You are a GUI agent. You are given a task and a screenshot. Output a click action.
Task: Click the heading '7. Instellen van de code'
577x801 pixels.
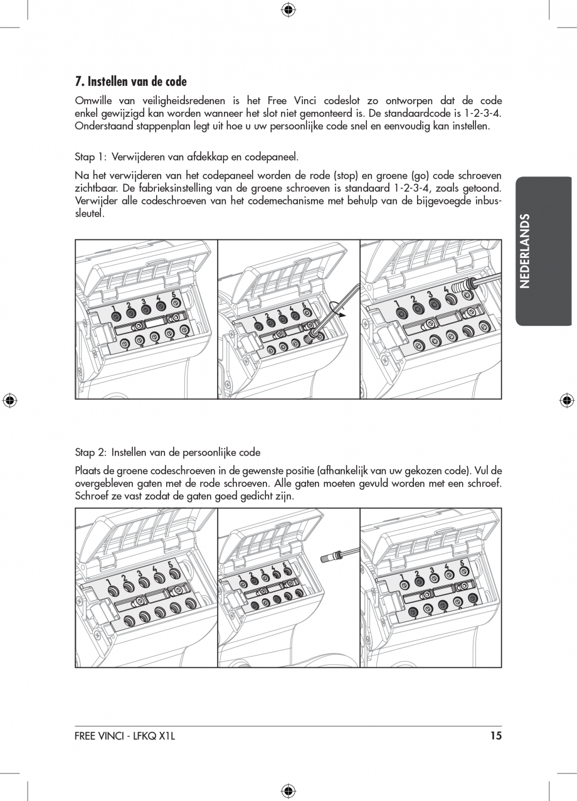pos(130,82)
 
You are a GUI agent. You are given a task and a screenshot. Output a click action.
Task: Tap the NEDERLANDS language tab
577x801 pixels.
pos(526,250)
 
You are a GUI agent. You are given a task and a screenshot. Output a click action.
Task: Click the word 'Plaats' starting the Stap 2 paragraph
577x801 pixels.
pos(88,471)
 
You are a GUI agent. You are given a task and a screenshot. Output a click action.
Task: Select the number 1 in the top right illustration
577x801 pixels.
pos(397,303)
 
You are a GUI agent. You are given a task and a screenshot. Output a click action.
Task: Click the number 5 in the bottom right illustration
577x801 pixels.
pos(462,564)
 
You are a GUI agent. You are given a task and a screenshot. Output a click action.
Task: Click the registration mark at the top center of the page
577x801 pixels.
pos(288,9)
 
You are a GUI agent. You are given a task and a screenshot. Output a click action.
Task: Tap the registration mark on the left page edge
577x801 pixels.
pos(9,400)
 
